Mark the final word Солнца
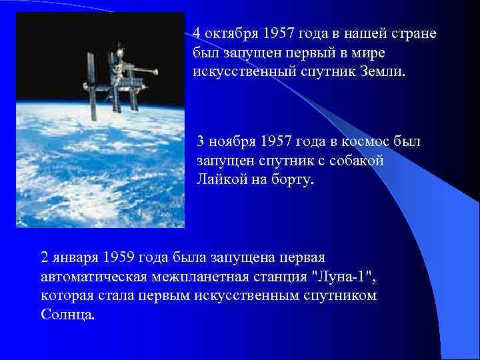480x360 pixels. [68, 313]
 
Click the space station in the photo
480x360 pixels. [120, 77]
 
